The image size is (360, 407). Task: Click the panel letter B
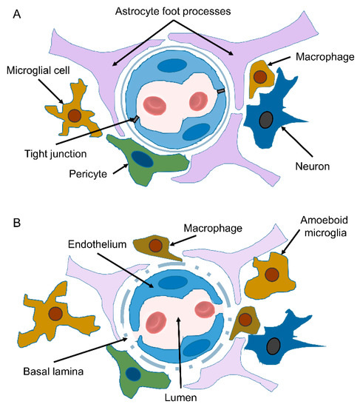tap(16, 221)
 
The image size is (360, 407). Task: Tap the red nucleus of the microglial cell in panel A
tap(74, 115)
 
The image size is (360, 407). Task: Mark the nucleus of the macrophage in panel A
tap(261, 75)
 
